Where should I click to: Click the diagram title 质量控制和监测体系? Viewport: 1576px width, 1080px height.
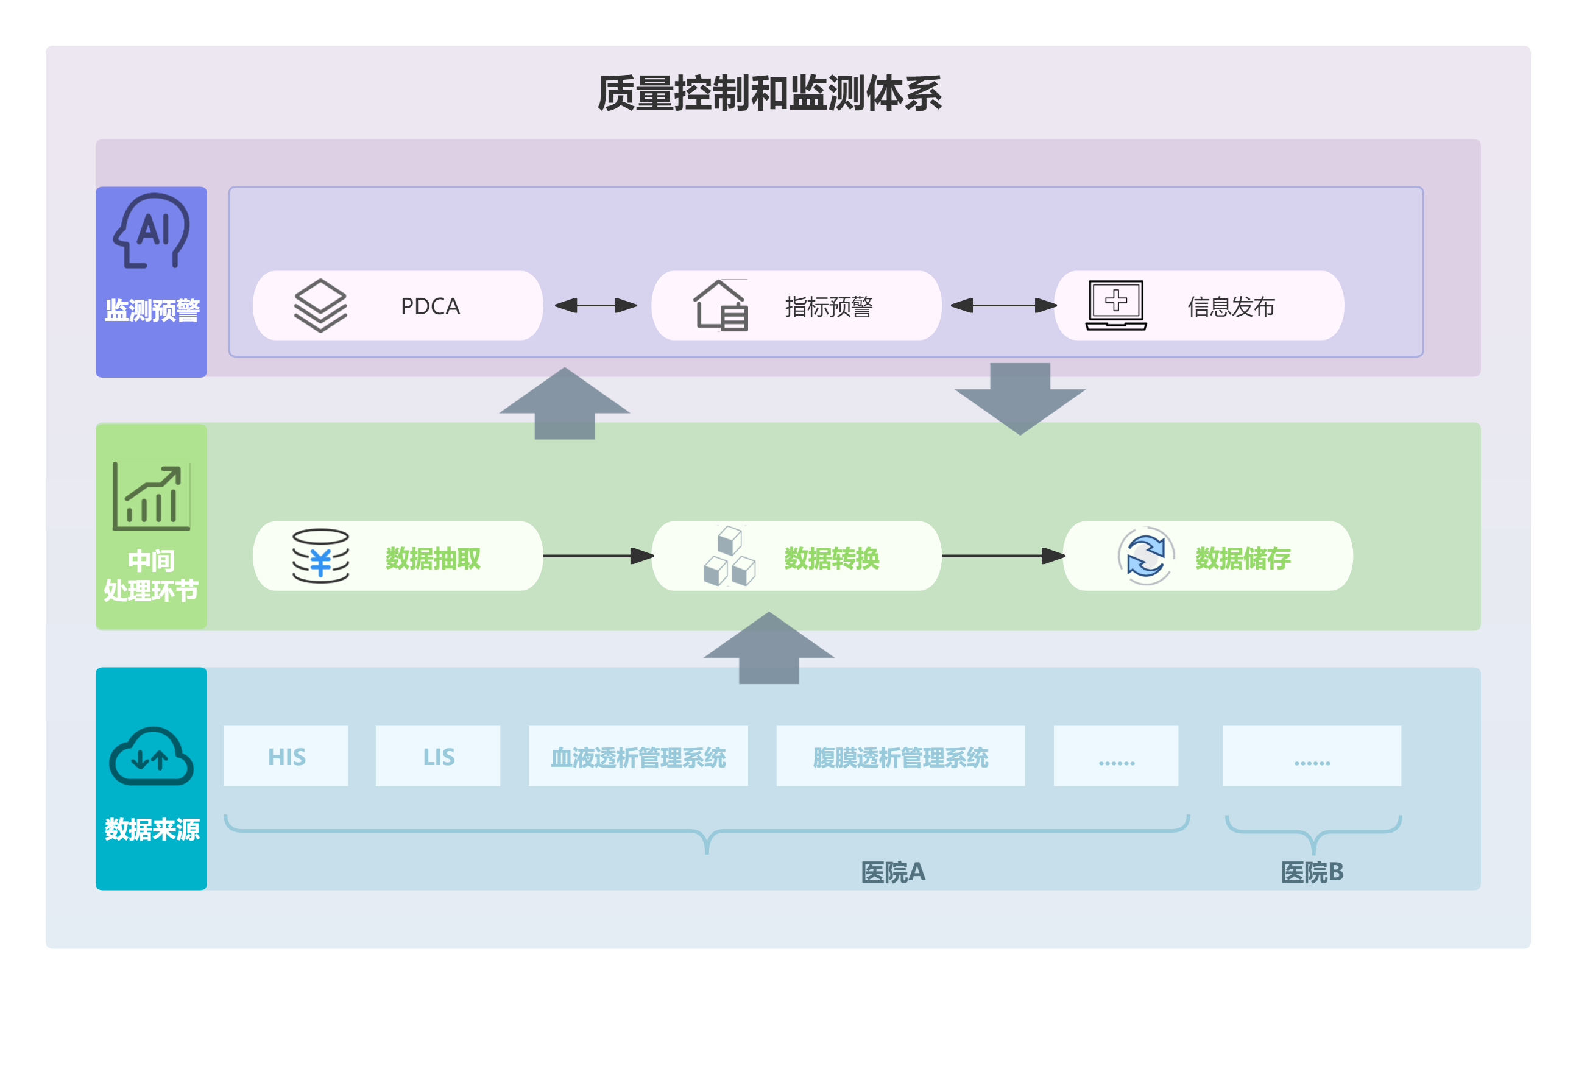pyautogui.click(x=769, y=93)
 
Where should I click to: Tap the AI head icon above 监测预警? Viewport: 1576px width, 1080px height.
pyautogui.click(x=151, y=230)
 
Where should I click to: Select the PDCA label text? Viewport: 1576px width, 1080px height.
pyautogui.click(x=430, y=306)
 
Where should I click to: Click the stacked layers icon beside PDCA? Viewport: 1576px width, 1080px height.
pyautogui.click(x=320, y=305)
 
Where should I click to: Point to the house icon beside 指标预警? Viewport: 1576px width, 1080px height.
pyautogui.click(x=720, y=305)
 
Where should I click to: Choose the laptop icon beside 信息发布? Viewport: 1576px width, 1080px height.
pyautogui.click(x=1115, y=305)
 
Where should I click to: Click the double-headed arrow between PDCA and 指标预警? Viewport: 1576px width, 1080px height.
pyautogui.click(x=595, y=306)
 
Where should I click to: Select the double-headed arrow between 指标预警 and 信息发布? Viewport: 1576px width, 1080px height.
pyautogui.click(x=1003, y=306)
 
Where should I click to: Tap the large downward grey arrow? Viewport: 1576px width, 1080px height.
pyautogui.click(x=1020, y=398)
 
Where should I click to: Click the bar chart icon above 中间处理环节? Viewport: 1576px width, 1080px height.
pyautogui.click(x=151, y=496)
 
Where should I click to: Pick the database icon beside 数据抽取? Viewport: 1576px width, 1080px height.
pyautogui.click(x=320, y=556)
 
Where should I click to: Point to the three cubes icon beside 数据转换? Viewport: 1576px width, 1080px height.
pyautogui.click(x=729, y=556)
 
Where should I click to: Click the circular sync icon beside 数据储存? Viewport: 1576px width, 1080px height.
pyautogui.click(x=1145, y=556)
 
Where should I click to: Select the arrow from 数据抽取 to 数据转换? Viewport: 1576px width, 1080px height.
pyautogui.click(x=598, y=556)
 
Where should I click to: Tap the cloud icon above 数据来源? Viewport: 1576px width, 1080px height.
pyautogui.click(x=151, y=756)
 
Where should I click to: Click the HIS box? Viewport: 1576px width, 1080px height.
pyautogui.click(x=286, y=756)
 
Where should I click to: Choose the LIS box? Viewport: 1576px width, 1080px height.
pyautogui.click(x=438, y=756)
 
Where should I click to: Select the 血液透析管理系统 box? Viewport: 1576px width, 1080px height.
pyautogui.click(x=638, y=756)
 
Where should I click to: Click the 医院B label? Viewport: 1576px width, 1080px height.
pyautogui.click(x=1312, y=872)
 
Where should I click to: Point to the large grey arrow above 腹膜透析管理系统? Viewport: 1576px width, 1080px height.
pyautogui.click(x=768, y=648)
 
